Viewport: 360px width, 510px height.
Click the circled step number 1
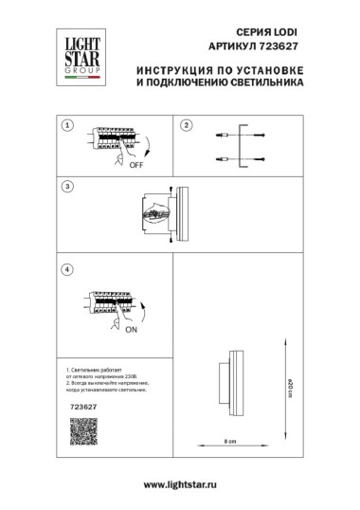(x=66, y=125)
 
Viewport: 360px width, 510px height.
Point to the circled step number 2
(x=187, y=125)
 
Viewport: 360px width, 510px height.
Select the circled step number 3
(x=66, y=186)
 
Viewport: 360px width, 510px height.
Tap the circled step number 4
(x=66, y=270)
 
